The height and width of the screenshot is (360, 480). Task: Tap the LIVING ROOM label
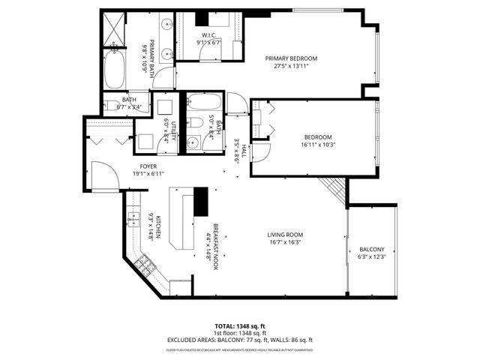tap(285, 235)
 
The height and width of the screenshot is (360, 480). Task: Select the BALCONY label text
tap(372, 249)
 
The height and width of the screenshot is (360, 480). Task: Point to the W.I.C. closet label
tap(209, 35)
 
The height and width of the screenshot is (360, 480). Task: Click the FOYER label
tap(148, 166)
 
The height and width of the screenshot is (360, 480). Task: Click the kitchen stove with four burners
tap(146, 265)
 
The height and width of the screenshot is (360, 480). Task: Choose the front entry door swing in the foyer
tap(102, 177)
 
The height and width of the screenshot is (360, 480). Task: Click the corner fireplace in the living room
tap(331, 187)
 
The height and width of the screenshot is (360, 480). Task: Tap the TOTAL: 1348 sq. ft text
tap(240, 326)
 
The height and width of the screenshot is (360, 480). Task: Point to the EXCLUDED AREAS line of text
tap(240, 340)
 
